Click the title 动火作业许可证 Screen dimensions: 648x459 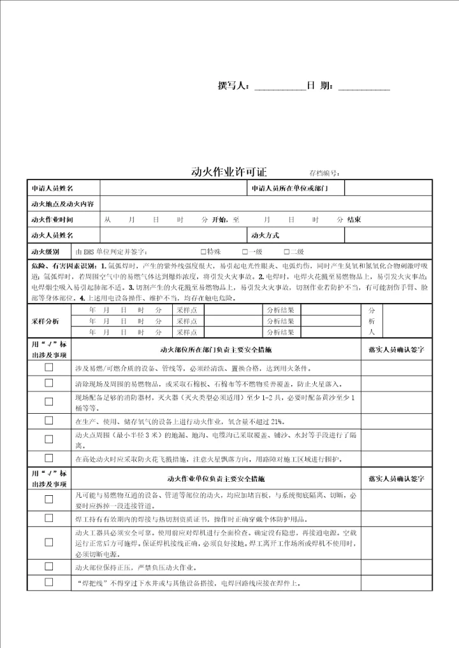(x=229, y=172)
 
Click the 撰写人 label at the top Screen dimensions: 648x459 (x=235, y=86)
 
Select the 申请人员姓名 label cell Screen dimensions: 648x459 (x=52, y=188)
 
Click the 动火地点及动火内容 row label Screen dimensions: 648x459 (x=62, y=204)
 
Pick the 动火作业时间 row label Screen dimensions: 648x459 (x=52, y=220)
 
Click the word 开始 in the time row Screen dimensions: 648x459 (x=219, y=220)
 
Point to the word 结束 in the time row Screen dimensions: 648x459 (x=354, y=220)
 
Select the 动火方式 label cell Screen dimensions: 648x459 (x=266, y=235)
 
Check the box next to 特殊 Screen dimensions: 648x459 (x=203, y=251)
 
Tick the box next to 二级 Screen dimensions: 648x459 (x=286, y=251)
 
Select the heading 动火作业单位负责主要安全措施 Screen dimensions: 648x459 (x=215, y=477)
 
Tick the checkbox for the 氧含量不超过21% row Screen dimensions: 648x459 (x=48, y=421)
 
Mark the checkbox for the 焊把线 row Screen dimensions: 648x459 (x=48, y=582)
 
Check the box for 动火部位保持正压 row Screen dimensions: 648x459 (x=48, y=567)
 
